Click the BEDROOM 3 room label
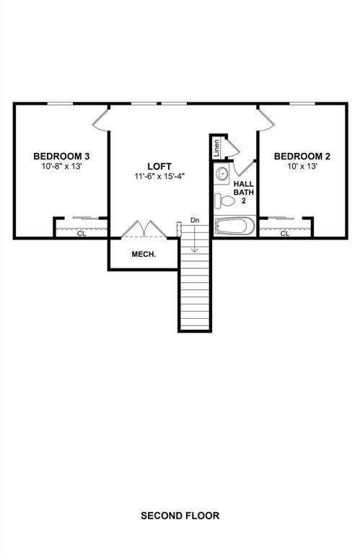(x=61, y=156)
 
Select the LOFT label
(x=159, y=165)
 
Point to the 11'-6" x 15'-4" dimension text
(x=159, y=176)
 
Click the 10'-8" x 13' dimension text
(x=61, y=167)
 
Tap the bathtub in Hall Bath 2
(x=234, y=227)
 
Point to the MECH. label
(x=144, y=254)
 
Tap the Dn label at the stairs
(x=195, y=219)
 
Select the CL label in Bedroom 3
(x=82, y=233)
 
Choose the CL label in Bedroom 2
(x=285, y=233)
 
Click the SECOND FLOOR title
(x=180, y=516)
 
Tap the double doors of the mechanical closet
(x=144, y=228)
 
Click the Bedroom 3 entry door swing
(x=100, y=120)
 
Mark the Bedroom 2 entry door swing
(x=265, y=120)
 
